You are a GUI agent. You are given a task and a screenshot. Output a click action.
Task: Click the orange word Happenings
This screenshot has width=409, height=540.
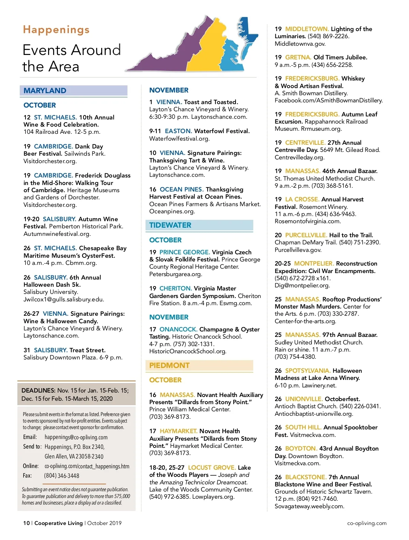pyautogui.click(x=56, y=30)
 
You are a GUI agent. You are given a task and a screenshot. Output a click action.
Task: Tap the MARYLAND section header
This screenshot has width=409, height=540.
pyautogui.click(x=45, y=90)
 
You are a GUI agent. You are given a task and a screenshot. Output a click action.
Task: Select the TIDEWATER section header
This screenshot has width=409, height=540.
pyautogui.click(x=170, y=225)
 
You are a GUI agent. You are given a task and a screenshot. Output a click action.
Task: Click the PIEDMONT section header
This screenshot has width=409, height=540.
pyautogui.click(x=169, y=365)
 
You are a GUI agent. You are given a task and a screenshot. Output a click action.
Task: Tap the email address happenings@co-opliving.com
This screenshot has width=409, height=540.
pyautogui.click(x=76, y=437)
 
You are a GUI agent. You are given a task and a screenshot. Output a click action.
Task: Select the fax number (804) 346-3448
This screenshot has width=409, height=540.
pyautogui.click(x=61, y=475)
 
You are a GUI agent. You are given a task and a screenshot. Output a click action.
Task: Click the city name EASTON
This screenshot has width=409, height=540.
pyautogui.click(x=178, y=131)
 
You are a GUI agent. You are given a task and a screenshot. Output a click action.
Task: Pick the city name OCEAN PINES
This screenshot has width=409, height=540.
pyautogui.click(x=181, y=189)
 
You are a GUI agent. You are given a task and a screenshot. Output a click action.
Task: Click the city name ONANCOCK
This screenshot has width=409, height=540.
pyautogui.click(x=178, y=329)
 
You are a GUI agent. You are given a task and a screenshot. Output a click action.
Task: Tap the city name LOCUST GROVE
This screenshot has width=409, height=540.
pyautogui.click(x=212, y=468)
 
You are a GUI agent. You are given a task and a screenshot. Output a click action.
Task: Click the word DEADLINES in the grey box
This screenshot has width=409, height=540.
pyautogui.click(x=38, y=390)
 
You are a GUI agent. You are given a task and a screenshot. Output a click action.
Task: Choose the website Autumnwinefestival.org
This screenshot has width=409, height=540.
pyautogui.click(x=57, y=234)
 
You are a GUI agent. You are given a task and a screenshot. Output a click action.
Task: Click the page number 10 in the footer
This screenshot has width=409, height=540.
pyautogui.click(x=26, y=523)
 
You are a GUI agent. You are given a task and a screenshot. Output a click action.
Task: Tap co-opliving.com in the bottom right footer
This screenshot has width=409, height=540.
pyautogui.click(x=367, y=523)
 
